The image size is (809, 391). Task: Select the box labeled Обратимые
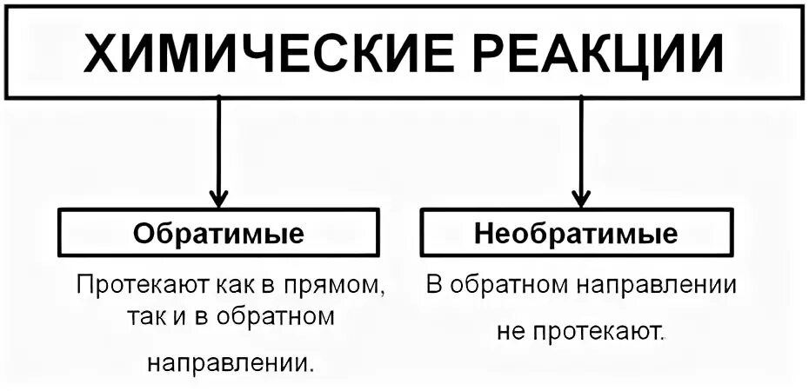pyautogui.click(x=218, y=233)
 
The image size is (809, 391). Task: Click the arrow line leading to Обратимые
pyautogui.click(x=218, y=139)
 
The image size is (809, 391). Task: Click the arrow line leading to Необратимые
pyautogui.click(x=580, y=139)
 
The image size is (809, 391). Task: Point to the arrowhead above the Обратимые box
pyautogui.click(x=218, y=196)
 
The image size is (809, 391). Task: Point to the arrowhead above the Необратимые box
pyautogui.click(x=580, y=196)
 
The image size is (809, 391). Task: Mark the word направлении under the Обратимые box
pyautogui.click(x=230, y=361)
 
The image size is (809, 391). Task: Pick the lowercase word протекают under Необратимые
pyautogui.click(x=596, y=333)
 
